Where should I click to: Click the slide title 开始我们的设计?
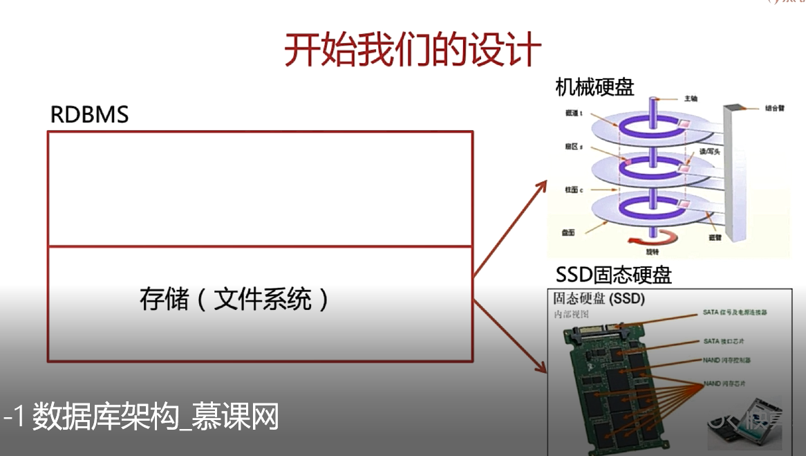tap(413, 50)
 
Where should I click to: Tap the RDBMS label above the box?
tap(89, 114)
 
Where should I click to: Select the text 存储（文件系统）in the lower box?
tap(234, 300)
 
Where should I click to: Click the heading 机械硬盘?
tap(594, 87)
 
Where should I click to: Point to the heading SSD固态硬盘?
tap(613, 275)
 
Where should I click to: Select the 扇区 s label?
tap(573, 147)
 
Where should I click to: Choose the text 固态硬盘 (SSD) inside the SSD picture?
tap(599, 299)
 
